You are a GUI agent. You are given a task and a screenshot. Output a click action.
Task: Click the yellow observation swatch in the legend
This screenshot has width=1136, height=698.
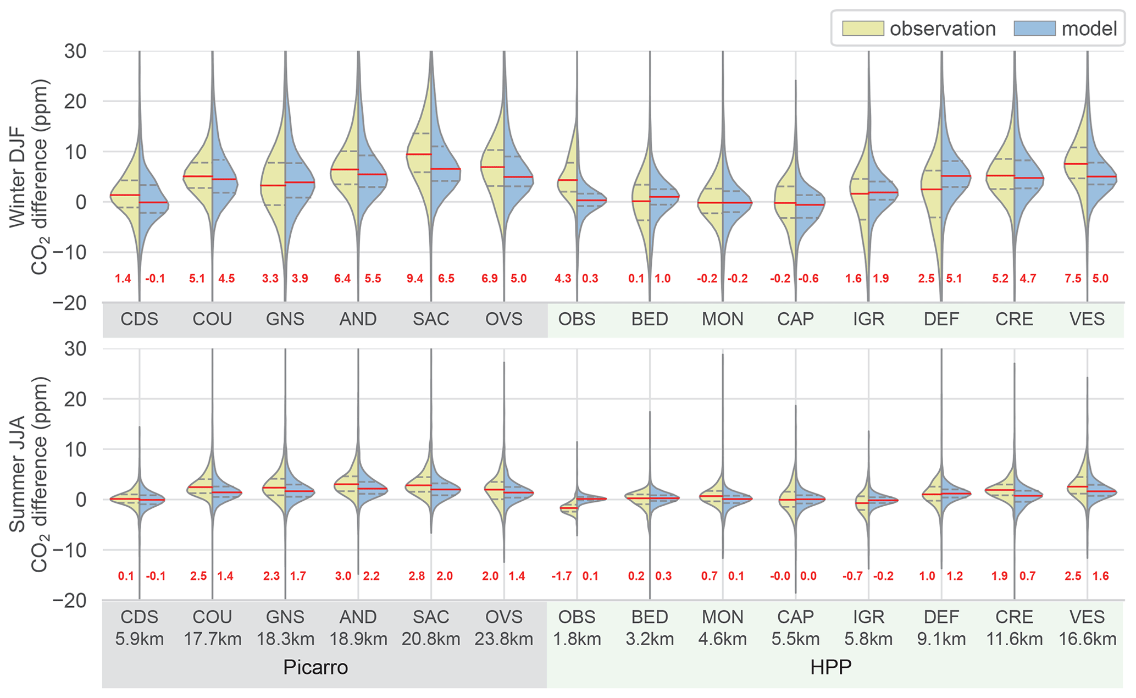coord(863,29)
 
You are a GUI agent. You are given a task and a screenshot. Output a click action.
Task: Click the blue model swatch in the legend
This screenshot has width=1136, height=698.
coord(1034,29)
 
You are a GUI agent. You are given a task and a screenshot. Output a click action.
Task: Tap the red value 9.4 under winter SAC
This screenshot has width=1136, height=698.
coord(415,279)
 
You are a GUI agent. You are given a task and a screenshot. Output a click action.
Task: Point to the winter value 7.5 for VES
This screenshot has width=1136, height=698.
coord(1073,279)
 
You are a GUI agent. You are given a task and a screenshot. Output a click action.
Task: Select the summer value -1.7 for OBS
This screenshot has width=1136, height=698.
coord(562,577)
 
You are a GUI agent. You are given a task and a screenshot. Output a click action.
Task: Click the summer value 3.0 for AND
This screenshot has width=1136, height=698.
coord(343,577)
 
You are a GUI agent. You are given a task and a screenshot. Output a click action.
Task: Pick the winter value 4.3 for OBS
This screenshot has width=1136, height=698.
coord(563,279)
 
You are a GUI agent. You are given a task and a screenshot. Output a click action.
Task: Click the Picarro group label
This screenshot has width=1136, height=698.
coord(315,667)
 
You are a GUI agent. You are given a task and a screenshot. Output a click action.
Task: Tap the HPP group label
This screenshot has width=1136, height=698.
coord(830,667)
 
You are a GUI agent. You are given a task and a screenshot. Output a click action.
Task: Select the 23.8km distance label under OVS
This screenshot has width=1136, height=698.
coord(504,639)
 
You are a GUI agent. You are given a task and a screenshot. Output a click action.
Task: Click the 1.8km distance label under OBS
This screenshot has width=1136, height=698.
coord(577,639)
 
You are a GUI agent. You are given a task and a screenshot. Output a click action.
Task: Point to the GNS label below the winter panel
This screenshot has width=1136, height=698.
coord(285,319)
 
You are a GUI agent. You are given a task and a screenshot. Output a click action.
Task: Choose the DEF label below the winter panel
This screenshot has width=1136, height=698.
coord(941,319)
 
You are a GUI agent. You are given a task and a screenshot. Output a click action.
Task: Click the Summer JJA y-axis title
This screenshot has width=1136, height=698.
coord(18,474)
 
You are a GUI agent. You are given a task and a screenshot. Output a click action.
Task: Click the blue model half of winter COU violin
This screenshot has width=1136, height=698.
coord(223,187)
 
